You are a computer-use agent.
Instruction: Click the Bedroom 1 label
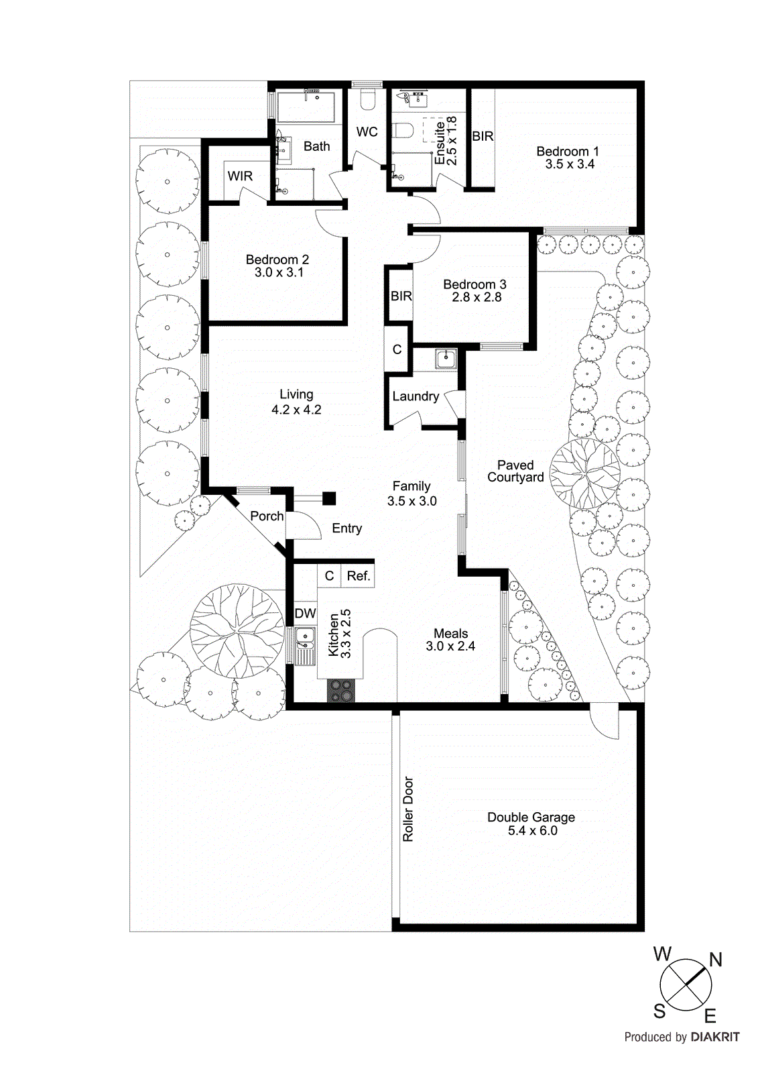[567, 152]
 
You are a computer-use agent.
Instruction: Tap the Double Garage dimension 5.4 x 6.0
[532, 830]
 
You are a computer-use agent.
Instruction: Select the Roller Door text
[408, 809]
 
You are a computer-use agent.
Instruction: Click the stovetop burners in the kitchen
[341, 691]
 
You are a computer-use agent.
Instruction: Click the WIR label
[240, 176]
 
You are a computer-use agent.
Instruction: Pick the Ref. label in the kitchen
[359, 575]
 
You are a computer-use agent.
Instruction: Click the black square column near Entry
[329, 498]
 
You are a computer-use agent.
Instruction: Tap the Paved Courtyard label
[515, 471]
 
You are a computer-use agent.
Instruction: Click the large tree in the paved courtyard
[585, 473]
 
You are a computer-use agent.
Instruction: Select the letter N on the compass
[716, 960]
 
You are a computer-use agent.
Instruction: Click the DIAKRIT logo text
[714, 1037]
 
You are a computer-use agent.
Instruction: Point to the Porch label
[267, 516]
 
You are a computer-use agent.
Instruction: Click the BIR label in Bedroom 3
[401, 296]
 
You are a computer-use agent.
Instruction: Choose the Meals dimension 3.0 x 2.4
[450, 646]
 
